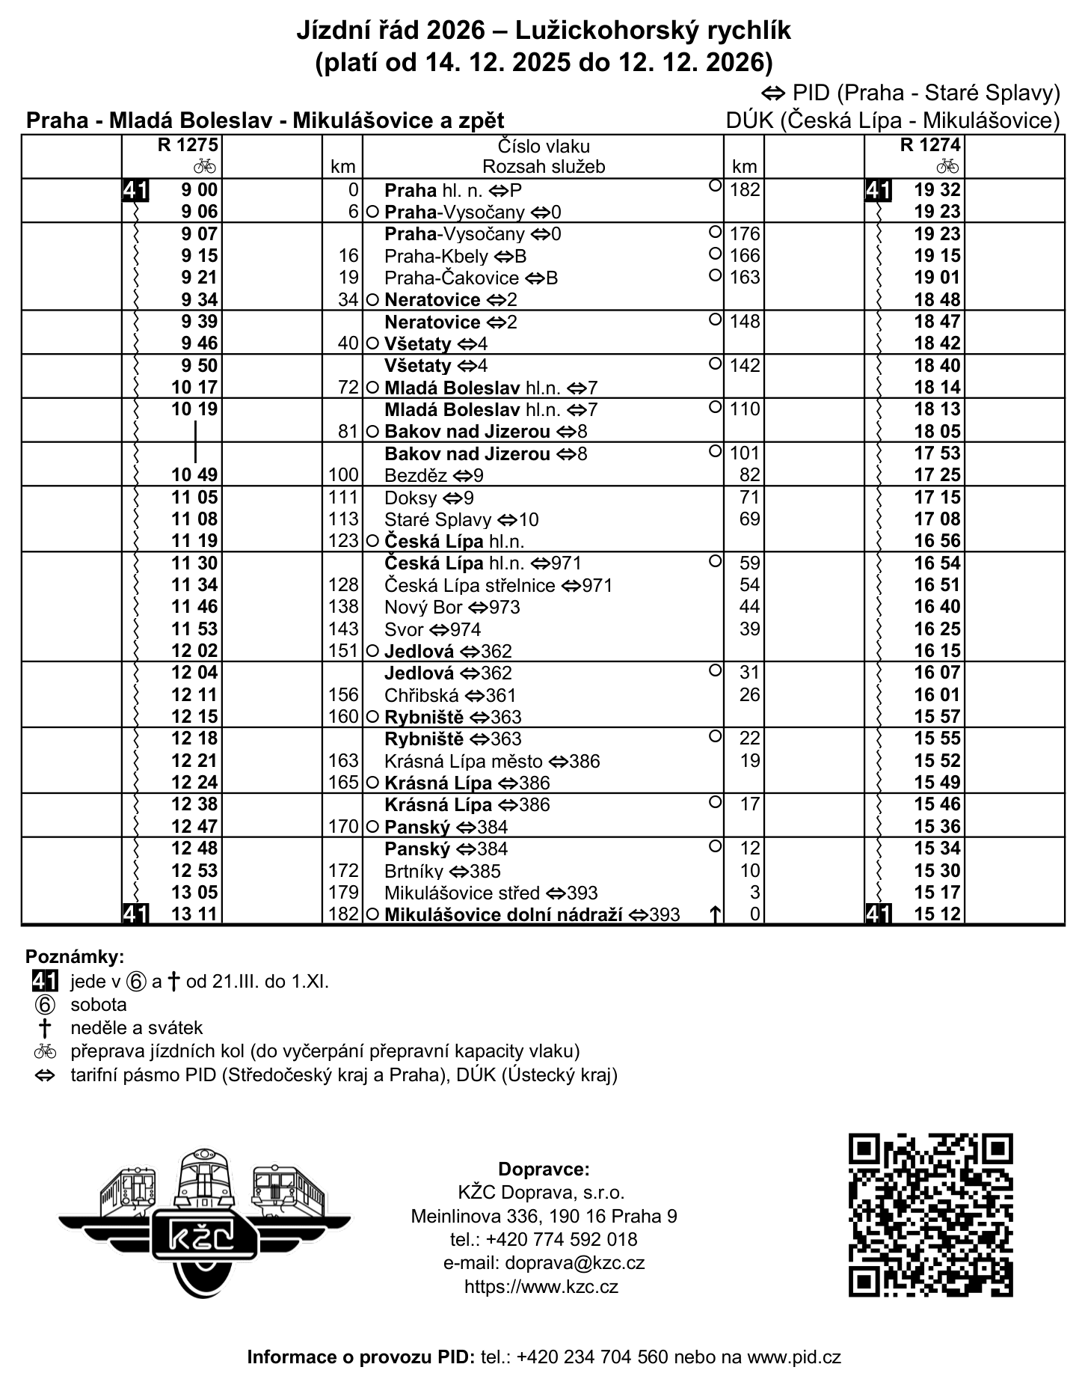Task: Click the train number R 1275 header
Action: [187, 145]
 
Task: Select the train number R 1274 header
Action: [930, 145]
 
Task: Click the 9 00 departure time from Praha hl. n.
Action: [199, 190]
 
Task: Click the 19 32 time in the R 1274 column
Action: [937, 190]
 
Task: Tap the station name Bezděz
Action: [416, 476]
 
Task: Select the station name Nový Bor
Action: [424, 608]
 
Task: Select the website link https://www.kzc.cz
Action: [541, 1287]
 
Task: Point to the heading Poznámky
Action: [75, 957]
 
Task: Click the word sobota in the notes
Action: [99, 1005]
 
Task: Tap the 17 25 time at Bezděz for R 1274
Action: [937, 475]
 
